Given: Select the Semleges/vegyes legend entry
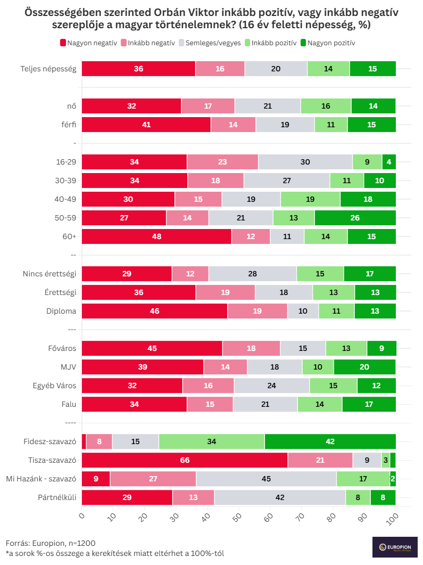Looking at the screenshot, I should click(210, 43).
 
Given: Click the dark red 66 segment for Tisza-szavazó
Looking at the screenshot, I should click(185, 460).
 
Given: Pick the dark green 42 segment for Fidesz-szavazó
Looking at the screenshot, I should click(330, 441).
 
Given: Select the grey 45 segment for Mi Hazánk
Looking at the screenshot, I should click(266, 479).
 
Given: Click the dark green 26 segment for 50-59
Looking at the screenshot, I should click(355, 218).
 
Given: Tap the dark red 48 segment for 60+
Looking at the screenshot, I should click(156, 236).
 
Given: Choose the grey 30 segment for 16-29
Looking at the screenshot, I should click(305, 162).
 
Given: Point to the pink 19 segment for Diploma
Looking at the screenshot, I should click(258, 311).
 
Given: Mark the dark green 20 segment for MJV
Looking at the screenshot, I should click(364, 367).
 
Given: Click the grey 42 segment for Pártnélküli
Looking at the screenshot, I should click(280, 497).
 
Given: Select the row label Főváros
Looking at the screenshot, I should click(62, 349).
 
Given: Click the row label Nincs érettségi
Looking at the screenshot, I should click(49, 274).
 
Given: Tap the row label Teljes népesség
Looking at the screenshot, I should click(48, 69).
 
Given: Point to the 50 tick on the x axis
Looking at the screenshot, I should click(238, 516).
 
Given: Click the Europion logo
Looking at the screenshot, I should click(394, 547).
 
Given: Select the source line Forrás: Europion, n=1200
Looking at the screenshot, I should click(51, 543).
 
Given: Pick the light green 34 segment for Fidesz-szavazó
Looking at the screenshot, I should click(211, 441).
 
